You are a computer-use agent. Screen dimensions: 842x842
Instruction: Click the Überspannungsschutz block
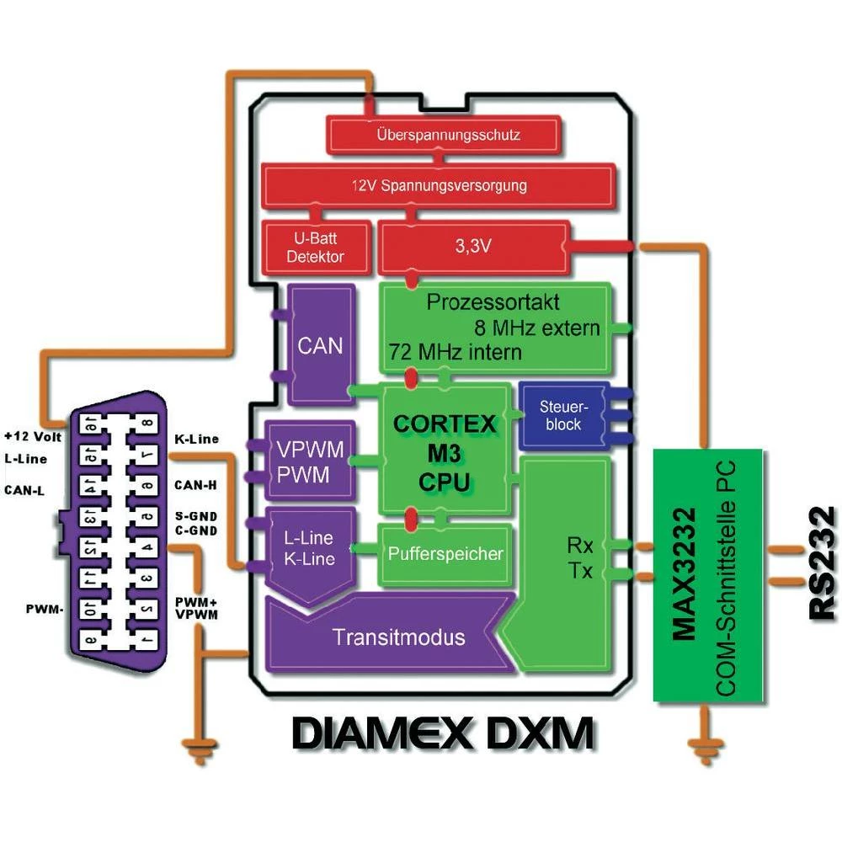[449, 134]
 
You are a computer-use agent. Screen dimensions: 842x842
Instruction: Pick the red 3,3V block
[476, 248]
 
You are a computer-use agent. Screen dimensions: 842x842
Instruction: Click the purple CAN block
[321, 344]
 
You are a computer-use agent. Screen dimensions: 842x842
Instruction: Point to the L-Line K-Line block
[308, 549]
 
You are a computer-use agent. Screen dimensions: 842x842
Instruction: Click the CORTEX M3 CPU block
[445, 452]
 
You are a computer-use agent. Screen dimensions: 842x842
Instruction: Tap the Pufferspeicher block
[445, 554]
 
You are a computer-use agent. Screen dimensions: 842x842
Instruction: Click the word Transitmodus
[398, 637]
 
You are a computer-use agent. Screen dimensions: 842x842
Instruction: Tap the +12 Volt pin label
[32, 437]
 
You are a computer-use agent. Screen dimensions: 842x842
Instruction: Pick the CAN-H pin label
[196, 484]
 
